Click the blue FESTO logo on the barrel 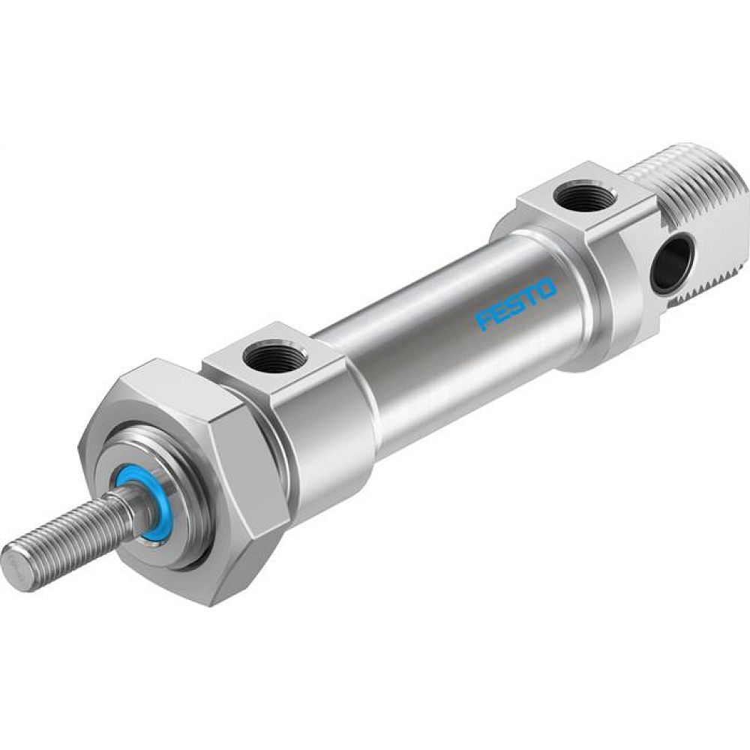coord(515,305)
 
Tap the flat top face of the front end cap coord(300,360)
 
